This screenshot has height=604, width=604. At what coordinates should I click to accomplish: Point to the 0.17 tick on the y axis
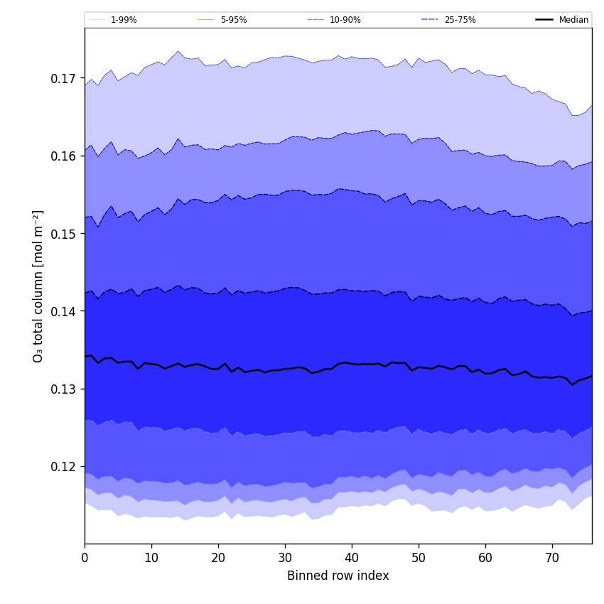(63, 78)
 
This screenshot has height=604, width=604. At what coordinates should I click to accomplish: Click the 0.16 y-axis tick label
(63, 156)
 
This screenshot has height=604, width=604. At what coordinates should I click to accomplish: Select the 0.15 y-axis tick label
(63, 234)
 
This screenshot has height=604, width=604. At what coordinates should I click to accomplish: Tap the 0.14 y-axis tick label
(63, 311)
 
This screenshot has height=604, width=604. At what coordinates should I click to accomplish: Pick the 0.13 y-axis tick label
(63, 389)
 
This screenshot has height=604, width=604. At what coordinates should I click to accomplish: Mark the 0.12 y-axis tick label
(63, 467)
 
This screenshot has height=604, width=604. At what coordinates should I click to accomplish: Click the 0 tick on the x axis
(85, 558)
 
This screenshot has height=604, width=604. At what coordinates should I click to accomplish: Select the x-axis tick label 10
(151, 558)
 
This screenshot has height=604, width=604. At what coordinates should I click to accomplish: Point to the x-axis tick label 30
(285, 558)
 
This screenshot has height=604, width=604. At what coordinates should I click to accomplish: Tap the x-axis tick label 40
(352, 558)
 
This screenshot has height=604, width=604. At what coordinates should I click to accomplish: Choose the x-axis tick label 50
(419, 558)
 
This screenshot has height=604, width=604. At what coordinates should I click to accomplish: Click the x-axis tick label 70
(552, 558)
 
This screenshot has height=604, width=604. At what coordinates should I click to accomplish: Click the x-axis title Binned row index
(338, 576)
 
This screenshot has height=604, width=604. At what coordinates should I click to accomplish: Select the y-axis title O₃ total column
(38, 286)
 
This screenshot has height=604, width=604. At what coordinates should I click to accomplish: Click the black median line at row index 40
(352, 364)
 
